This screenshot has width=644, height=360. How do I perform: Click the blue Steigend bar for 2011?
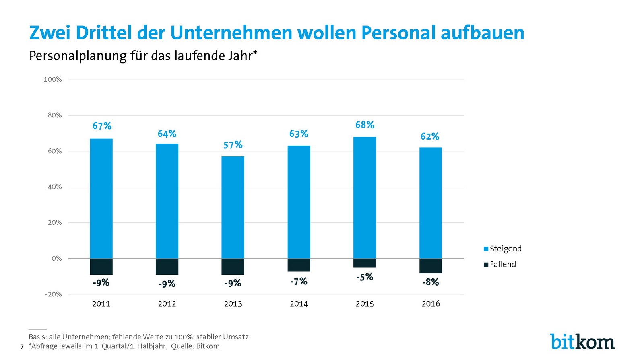(101, 198)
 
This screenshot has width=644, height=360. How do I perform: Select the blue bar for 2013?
(233, 207)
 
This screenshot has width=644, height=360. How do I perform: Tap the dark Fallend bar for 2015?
(365, 263)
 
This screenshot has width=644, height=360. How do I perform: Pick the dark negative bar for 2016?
(430, 266)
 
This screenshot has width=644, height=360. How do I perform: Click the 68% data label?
(365, 125)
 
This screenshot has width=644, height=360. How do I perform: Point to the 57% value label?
(233, 145)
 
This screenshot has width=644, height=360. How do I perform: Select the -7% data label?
(299, 282)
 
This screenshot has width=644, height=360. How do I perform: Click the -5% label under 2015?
(365, 277)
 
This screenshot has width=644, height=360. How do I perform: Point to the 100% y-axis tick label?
(53, 79)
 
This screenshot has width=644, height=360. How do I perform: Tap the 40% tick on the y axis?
(55, 187)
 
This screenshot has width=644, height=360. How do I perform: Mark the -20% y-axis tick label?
(53, 294)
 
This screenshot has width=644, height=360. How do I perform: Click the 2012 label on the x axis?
(167, 304)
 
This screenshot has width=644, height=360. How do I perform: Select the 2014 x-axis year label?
(299, 304)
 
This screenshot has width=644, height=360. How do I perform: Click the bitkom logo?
(582, 342)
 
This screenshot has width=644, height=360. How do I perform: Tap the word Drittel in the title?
(103, 33)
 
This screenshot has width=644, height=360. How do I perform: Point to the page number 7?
(22, 347)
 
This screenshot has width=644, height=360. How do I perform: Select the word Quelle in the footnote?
(182, 346)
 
